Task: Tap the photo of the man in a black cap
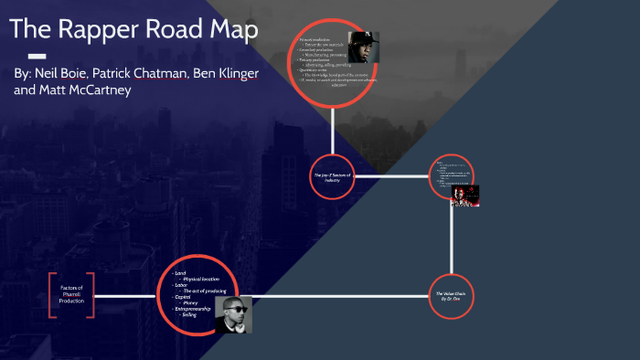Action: [x=363, y=48]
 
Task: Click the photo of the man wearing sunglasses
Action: [x=232, y=313]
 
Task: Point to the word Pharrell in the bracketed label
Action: [x=71, y=294]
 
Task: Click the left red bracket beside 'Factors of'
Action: [x=52, y=294]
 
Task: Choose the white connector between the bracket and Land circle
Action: [x=127, y=296]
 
